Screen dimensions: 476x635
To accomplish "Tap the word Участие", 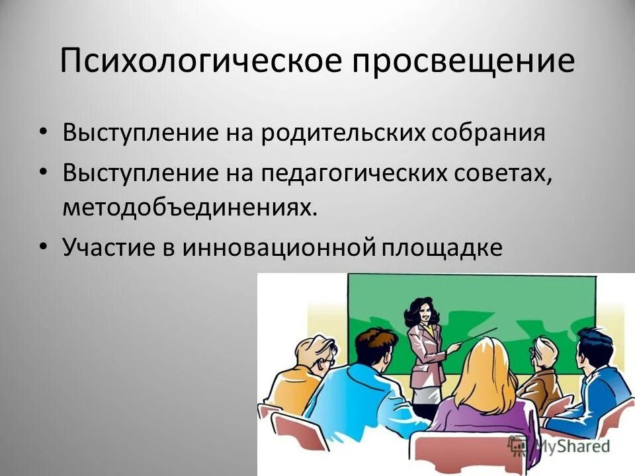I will (108, 247).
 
